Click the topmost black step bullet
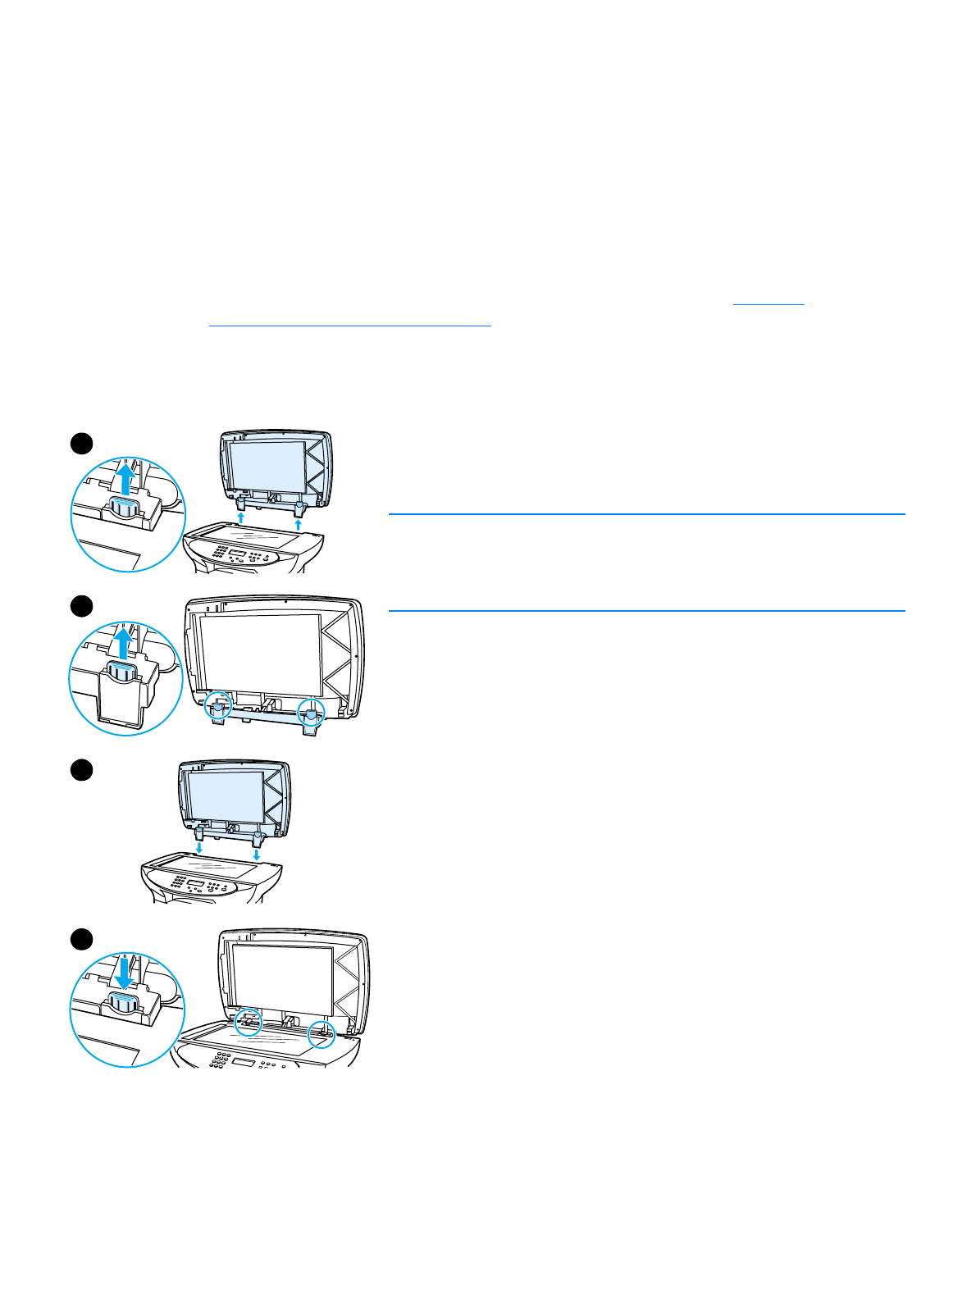(80, 444)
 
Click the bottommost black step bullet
(80, 938)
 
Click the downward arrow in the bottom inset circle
(124, 974)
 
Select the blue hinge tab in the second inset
(124, 672)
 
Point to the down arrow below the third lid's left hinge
(198, 847)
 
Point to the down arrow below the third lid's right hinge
(257, 854)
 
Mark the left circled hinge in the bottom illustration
(248, 1022)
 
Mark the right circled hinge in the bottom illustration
(322, 1034)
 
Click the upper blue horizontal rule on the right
(646, 514)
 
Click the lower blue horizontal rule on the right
(646, 610)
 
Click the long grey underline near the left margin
(349, 326)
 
